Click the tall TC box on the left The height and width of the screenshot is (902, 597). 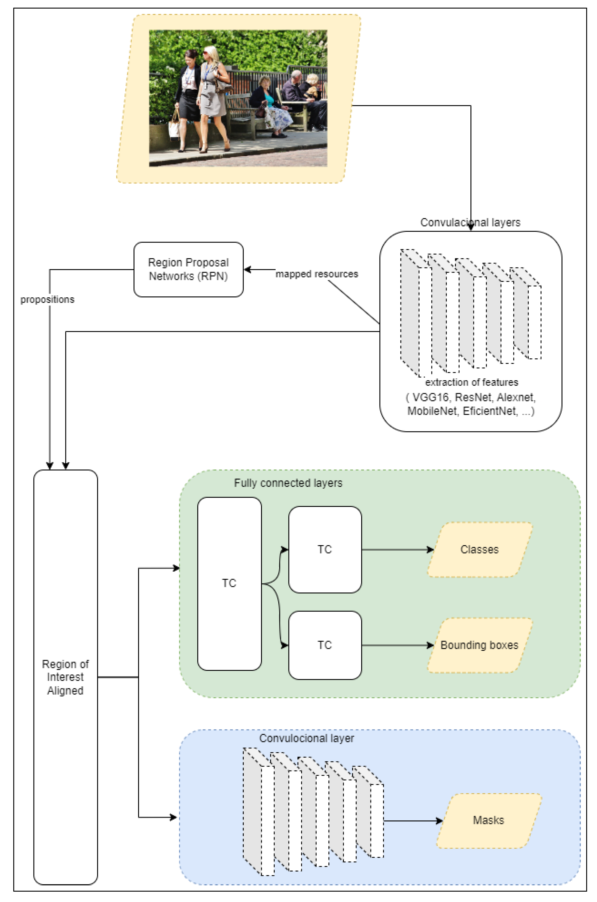click(229, 583)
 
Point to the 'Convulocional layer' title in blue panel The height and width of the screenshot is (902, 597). click(306, 738)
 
